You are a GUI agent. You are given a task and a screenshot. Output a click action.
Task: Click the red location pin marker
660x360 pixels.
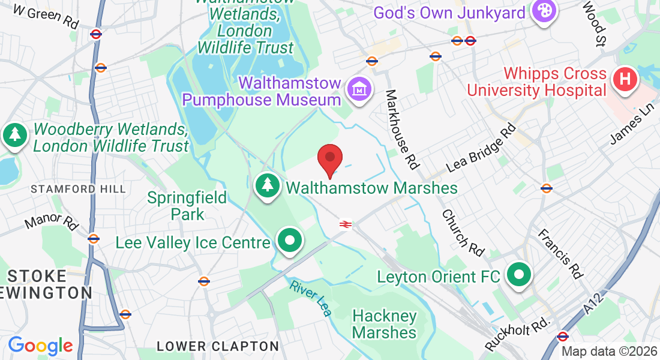pyautogui.click(x=329, y=159)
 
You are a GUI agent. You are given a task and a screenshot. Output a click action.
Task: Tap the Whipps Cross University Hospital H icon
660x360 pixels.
pyautogui.click(x=624, y=79)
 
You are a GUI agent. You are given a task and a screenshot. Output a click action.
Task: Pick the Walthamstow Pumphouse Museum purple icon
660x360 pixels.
pyautogui.click(x=359, y=91)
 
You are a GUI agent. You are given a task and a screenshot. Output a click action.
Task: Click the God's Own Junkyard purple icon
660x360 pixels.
pyautogui.click(x=544, y=12)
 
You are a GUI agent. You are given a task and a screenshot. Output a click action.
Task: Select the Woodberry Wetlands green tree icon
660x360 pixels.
pyautogui.click(x=14, y=136)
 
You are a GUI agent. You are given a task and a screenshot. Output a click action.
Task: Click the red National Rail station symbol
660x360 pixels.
pyautogui.click(x=345, y=224)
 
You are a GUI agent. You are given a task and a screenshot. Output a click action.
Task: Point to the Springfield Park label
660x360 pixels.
pyautogui.click(x=187, y=206)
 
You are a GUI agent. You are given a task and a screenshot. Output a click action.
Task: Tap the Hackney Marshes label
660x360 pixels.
pyautogui.click(x=385, y=324)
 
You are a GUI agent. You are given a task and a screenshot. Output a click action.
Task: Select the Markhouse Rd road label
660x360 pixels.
pyautogui.click(x=401, y=129)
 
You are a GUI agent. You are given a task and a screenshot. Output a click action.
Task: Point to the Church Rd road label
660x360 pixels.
pyautogui.click(x=463, y=232)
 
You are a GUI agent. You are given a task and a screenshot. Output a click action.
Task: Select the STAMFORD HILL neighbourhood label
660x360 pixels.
pyautogui.click(x=79, y=189)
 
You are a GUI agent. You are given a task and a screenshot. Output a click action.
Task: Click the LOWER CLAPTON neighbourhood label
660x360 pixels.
pyautogui.click(x=217, y=347)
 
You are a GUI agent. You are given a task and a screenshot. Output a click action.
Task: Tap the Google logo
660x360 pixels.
pyautogui.click(x=41, y=346)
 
